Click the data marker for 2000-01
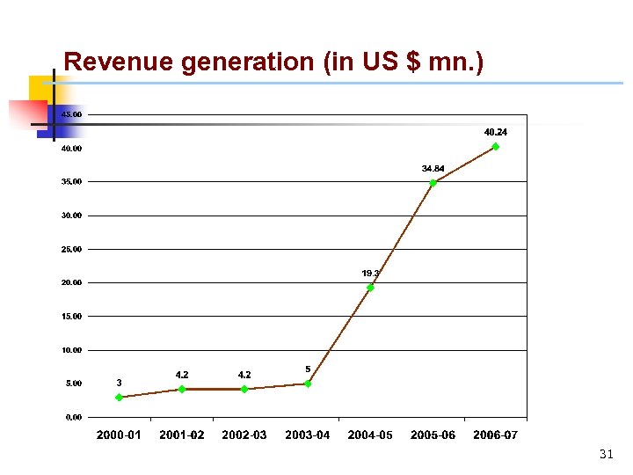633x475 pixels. (119, 398)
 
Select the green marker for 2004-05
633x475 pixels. (370, 288)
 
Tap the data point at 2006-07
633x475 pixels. (496, 147)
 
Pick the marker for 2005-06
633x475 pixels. (433, 183)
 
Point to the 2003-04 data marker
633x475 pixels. (308, 384)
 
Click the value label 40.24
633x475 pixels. (496, 132)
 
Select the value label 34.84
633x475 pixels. (433, 168)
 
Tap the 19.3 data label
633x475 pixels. (370, 274)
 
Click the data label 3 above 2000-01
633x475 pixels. (120, 383)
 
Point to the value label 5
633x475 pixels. (308, 369)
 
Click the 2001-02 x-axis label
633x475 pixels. (182, 435)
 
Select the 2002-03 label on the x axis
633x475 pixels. (244, 435)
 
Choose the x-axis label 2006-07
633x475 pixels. (496, 435)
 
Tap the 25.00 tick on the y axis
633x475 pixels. (71, 249)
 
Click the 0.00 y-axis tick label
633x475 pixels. (73, 417)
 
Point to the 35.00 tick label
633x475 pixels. (71, 182)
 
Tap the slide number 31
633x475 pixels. (606, 455)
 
